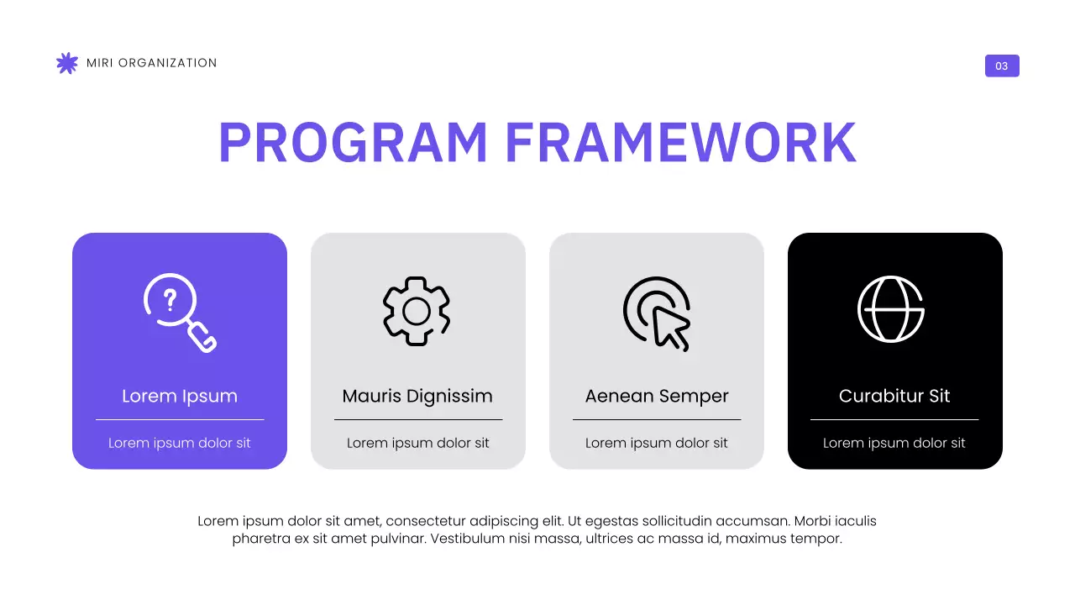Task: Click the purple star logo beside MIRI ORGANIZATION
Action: coord(66,63)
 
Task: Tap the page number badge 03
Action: coord(1002,66)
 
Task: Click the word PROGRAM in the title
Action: coord(353,143)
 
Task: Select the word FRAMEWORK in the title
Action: coord(681,143)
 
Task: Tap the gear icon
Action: coord(417,311)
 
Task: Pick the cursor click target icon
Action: coord(658,313)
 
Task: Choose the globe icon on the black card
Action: coord(891,308)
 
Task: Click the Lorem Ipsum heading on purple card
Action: coord(180,396)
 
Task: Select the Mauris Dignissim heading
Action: coord(417,396)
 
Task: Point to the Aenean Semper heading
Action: coord(657,396)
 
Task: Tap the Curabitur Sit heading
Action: coord(894,396)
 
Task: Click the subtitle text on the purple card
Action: coord(180,443)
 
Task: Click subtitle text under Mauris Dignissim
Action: coord(418,443)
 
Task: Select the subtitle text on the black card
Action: coord(894,443)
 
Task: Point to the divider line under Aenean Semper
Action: coord(657,419)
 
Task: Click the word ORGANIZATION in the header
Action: coord(168,63)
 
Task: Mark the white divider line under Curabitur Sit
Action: coord(894,419)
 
